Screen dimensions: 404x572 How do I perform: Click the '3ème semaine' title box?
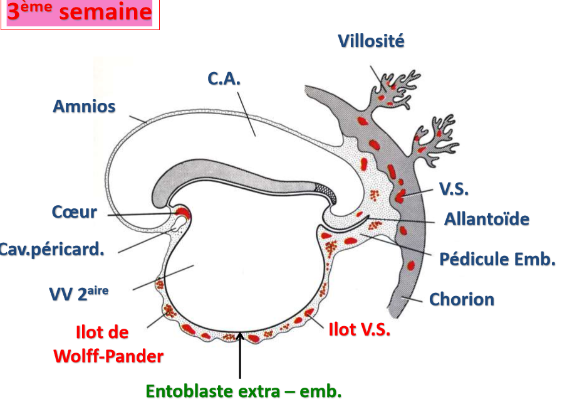pos(80,13)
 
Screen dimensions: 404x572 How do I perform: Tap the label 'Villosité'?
pos(371,41)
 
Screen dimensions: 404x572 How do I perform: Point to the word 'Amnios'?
pos(84,106)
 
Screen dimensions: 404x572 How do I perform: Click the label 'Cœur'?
pos(74,212)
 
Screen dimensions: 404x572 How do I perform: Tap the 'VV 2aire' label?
pos(74,293)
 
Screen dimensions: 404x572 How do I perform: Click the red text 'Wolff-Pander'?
pos(108,356)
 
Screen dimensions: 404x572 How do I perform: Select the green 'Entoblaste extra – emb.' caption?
pos(244,392)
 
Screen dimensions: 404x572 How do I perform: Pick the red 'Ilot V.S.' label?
pos(360,329)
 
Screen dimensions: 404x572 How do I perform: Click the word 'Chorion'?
pos(462,299)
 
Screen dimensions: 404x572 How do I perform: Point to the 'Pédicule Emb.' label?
pos(497,258)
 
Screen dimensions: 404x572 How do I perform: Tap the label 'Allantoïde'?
pos(487,220)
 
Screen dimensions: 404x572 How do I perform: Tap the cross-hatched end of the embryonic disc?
pos(325,186)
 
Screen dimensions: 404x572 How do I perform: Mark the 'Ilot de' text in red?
pos(102,332)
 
